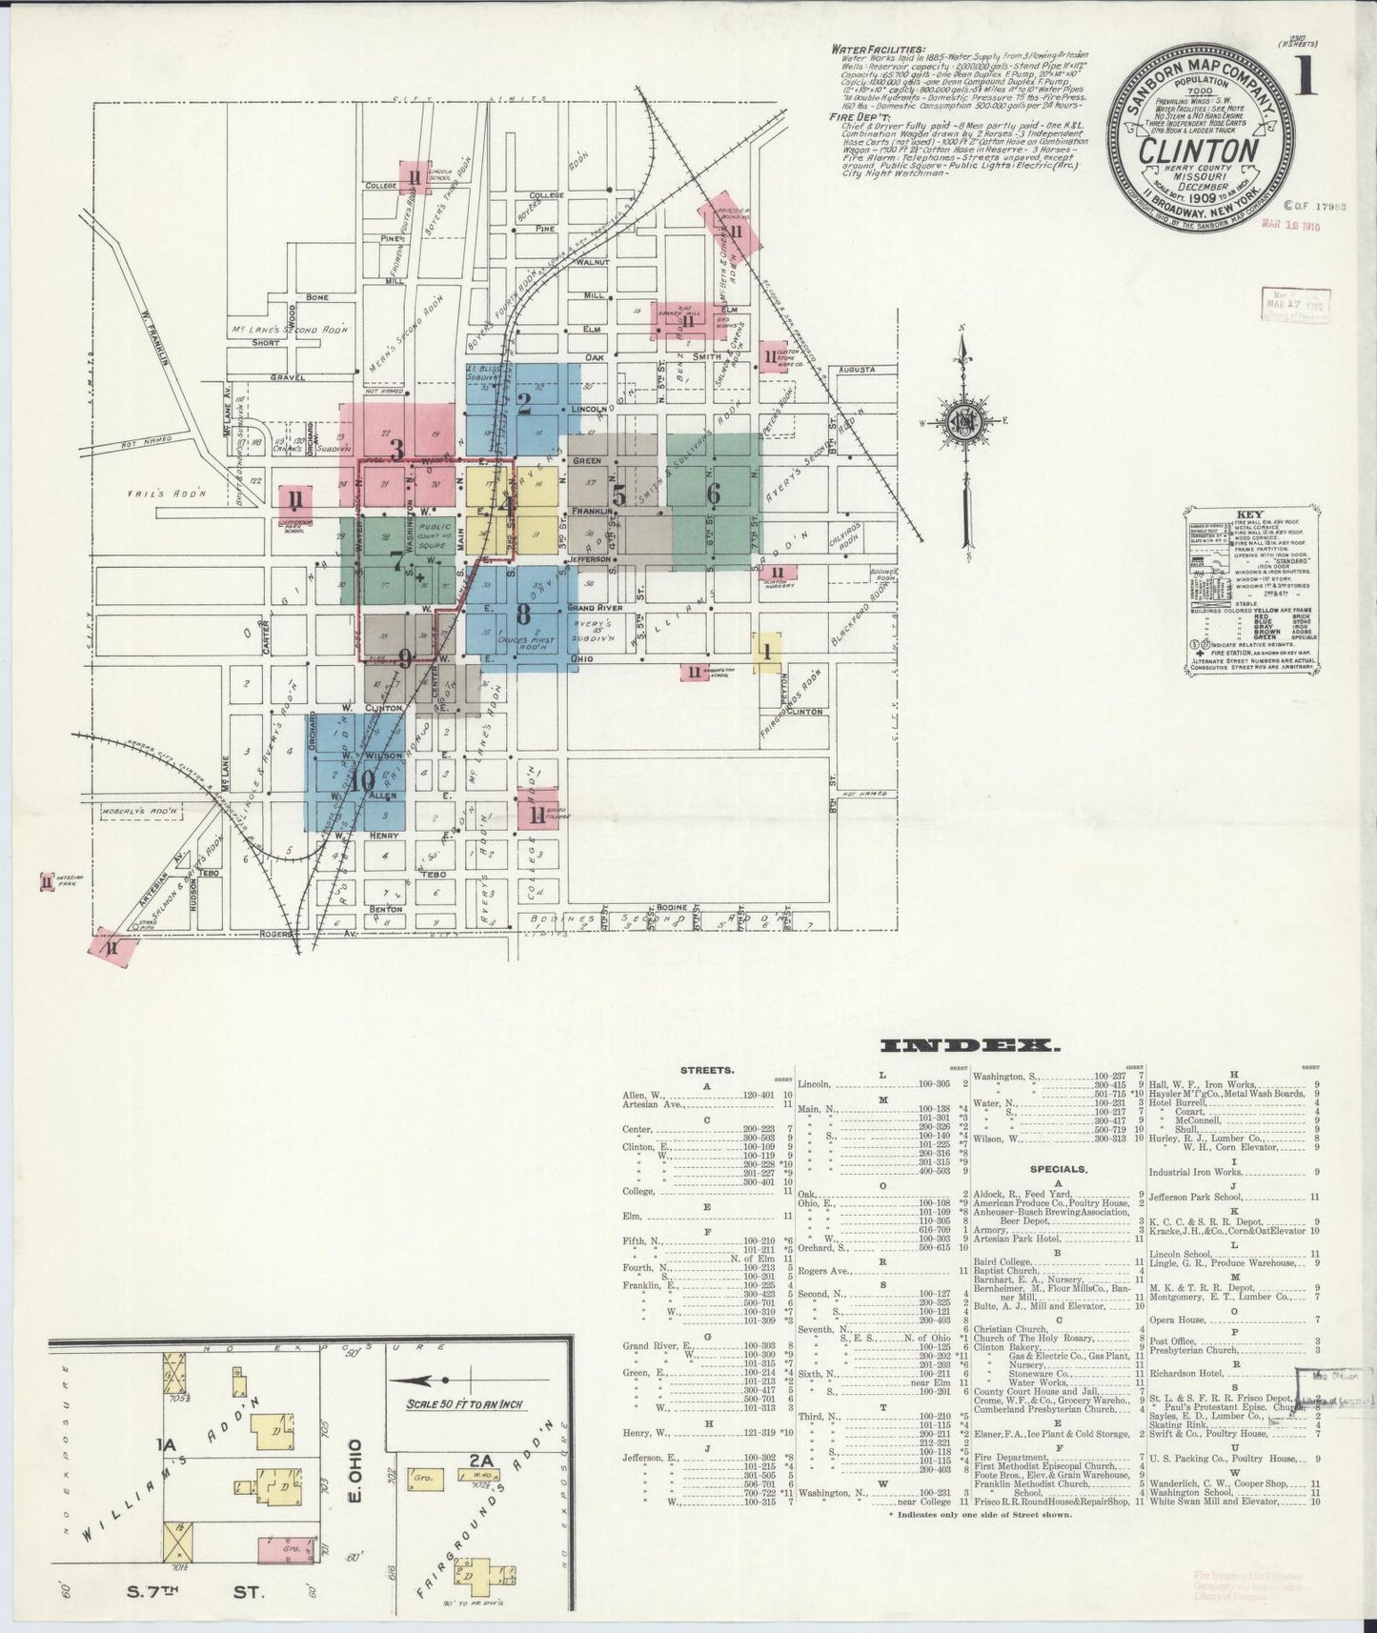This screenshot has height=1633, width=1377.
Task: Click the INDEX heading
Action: click(967, 1046)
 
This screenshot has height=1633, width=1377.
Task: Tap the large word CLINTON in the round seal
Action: click(1207, 152)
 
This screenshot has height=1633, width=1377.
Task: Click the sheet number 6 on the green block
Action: click(713, 494)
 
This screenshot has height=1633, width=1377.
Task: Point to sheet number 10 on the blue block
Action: click(361, 781)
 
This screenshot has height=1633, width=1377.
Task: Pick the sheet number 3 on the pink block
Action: click(396, 449)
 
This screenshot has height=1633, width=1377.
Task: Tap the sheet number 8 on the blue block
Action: click(522, 612)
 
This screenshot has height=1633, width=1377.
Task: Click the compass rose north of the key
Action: click(966, 423)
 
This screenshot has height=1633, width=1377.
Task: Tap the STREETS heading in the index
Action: click(707, 1070)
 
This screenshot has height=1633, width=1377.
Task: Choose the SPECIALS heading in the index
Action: click(1057, 1168)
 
